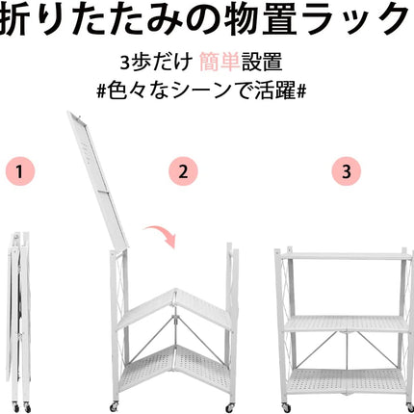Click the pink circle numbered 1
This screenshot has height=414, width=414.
21,174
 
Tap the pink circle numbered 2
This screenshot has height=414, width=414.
181,174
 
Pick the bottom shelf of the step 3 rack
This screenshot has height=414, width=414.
343,381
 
